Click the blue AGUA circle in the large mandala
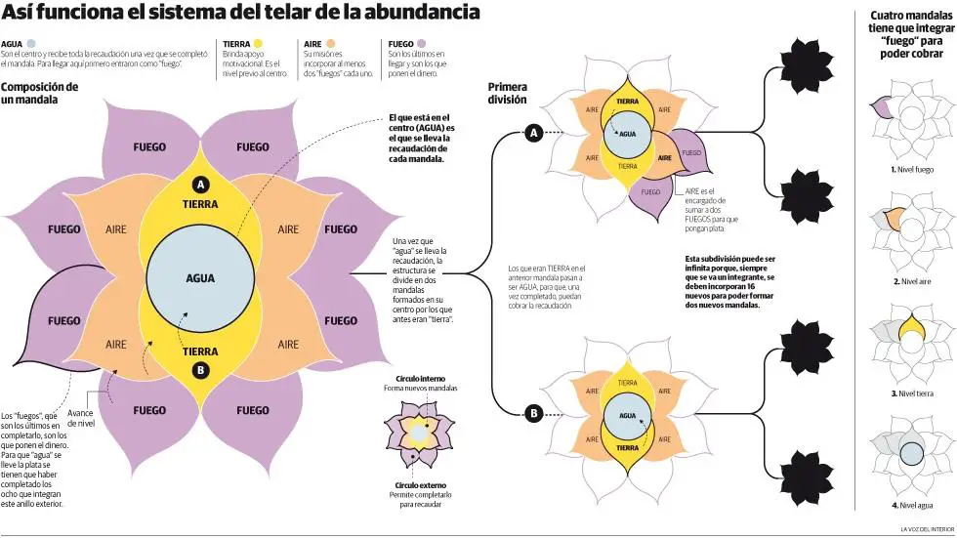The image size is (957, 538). [200, 278]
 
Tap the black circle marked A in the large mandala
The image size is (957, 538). [200, 185]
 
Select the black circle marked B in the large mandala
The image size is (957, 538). [200, 370]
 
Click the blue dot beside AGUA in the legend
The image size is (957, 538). [31, 44]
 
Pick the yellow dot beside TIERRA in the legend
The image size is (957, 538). [258, 44]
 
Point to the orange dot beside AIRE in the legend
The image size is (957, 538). [330, 44]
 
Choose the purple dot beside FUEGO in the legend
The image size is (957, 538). [421, 44]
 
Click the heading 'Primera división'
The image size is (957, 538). [507, 94]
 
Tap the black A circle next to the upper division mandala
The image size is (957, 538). [534, 133]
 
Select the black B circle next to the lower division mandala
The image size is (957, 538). [534, 414]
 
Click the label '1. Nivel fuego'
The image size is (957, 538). [912, 170]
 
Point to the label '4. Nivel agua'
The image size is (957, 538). [912, 505]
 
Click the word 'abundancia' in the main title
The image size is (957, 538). [422, 12]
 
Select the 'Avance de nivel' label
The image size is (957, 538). [80, 418]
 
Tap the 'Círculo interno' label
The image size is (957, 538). [421, 379]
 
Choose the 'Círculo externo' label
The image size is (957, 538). [421, 485]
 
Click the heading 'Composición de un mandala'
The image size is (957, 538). [39, 93]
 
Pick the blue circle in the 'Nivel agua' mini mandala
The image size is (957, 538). [911, 454]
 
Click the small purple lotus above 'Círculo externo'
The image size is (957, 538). [419, 434]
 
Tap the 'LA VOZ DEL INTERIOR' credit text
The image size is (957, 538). [927, 529]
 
